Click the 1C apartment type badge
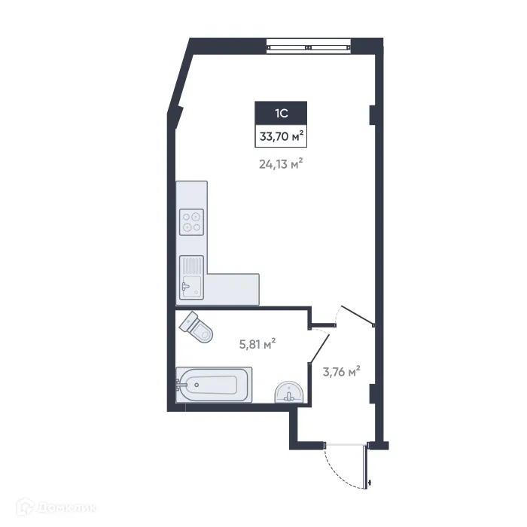pyautogui.click(x=282, y=114)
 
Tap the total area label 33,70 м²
pyautogui.click(x=282, y=137)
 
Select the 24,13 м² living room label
pyautogui.click(x=282, y=163)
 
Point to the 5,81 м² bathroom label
pyautogui.click(x=257, y=343)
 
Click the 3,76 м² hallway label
pyautogui.click(x=341, y=370)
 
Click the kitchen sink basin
pyautogui.click(x=190, y=285)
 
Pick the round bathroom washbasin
pyautogui.click(x=289, y=392)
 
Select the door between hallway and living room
pyautogui.click(x=357, y=315)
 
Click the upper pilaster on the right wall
pyautogui.click(x=372, y=114)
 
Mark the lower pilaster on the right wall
pyautogui.click(x=372, y=392)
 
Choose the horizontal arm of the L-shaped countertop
pyautogui.click(x=233, y=289)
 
